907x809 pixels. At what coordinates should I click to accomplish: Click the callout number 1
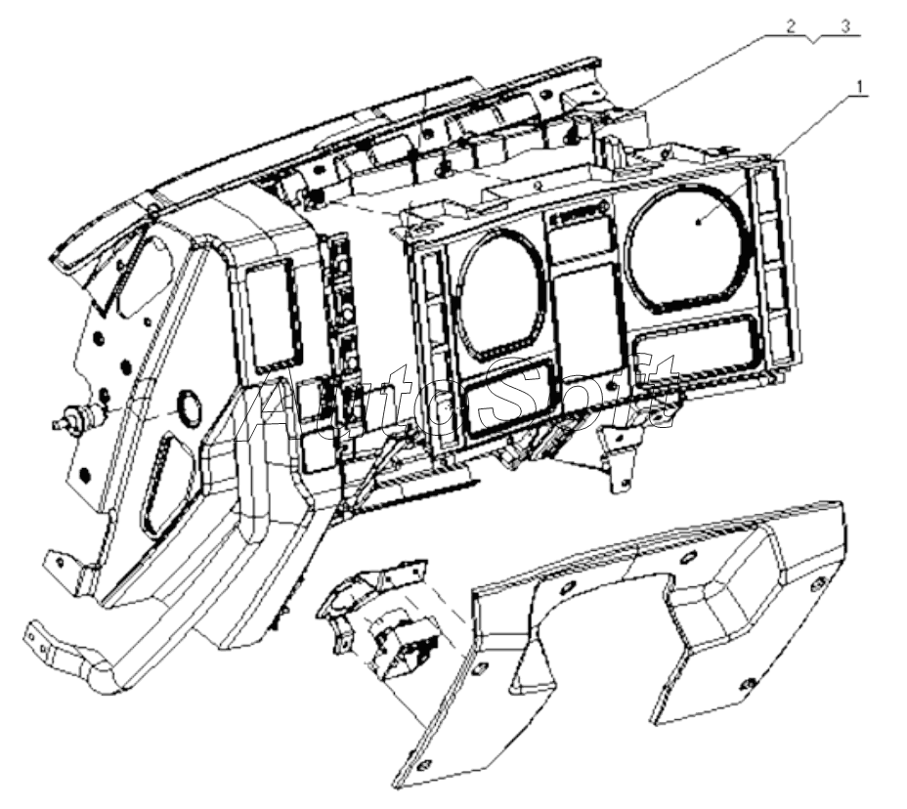(x=860, y=87)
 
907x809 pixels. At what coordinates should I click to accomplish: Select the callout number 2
(x=791, y=26)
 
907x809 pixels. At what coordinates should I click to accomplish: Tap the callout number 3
(x=845, y=26)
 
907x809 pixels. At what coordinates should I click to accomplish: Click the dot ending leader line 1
(x=699, y=222)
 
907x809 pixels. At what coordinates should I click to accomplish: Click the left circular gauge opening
(x=501, y=294)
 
